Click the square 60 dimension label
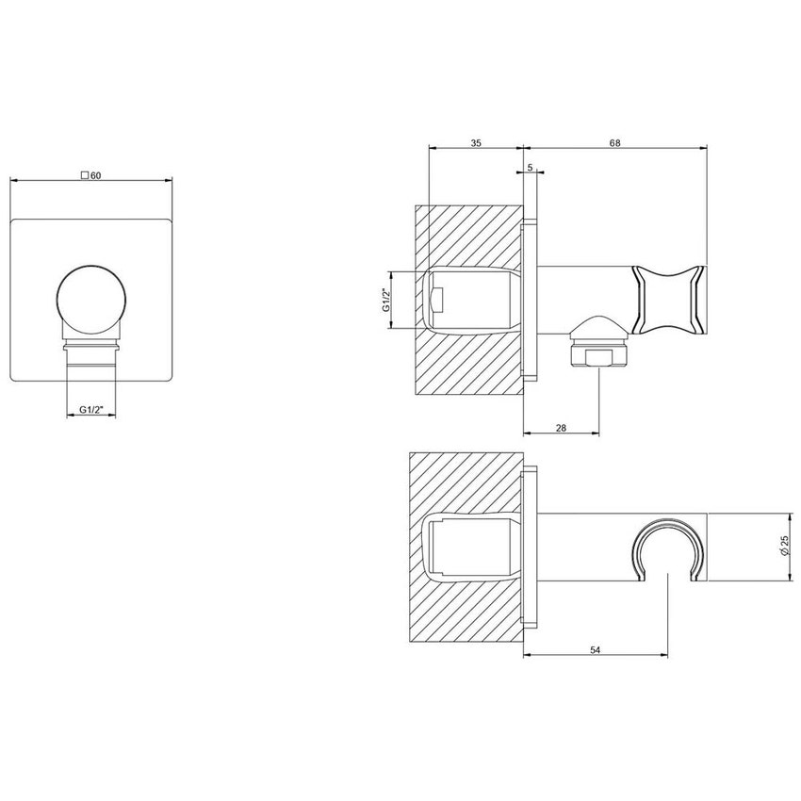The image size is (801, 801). coord(91,175)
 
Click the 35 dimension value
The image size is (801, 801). coord(475,142)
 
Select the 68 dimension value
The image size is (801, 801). coord(614,142)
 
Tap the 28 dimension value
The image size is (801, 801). coord(561,428)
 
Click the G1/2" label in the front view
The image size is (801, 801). coord(90,409)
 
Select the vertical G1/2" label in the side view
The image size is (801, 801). coord(386,300)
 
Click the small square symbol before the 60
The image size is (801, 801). coord(85,175)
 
